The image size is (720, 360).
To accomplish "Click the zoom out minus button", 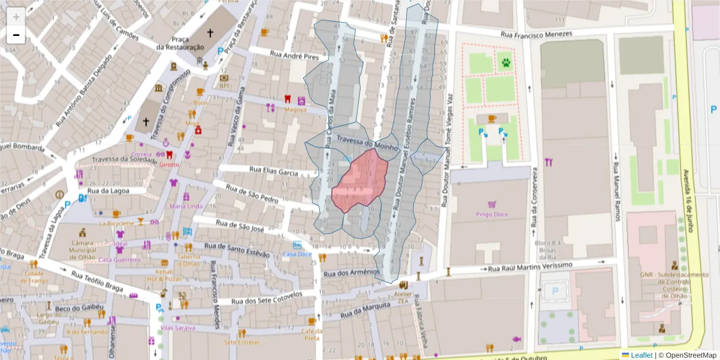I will tap(16, 35).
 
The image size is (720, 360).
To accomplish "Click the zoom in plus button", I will tap(16, 17).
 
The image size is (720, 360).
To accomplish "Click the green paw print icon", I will tap(506, 62).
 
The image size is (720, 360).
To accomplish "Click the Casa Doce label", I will tap(298, 254).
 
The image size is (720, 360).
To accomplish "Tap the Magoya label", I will tap(295, 110).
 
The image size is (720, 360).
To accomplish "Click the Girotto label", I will tap(169, 164).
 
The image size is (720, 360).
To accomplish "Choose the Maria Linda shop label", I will tap(186, 206).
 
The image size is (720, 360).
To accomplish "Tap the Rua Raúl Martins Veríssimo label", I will tap(531, 267).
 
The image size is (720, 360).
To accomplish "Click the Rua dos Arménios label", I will tap(352, 273).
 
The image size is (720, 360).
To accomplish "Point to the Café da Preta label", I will tap(311, 334).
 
